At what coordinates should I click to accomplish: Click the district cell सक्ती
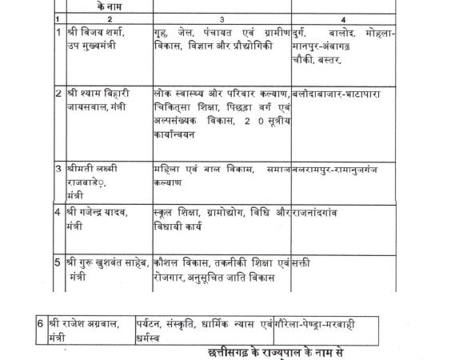point(303,261)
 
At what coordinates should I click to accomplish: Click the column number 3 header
point(222,16)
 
